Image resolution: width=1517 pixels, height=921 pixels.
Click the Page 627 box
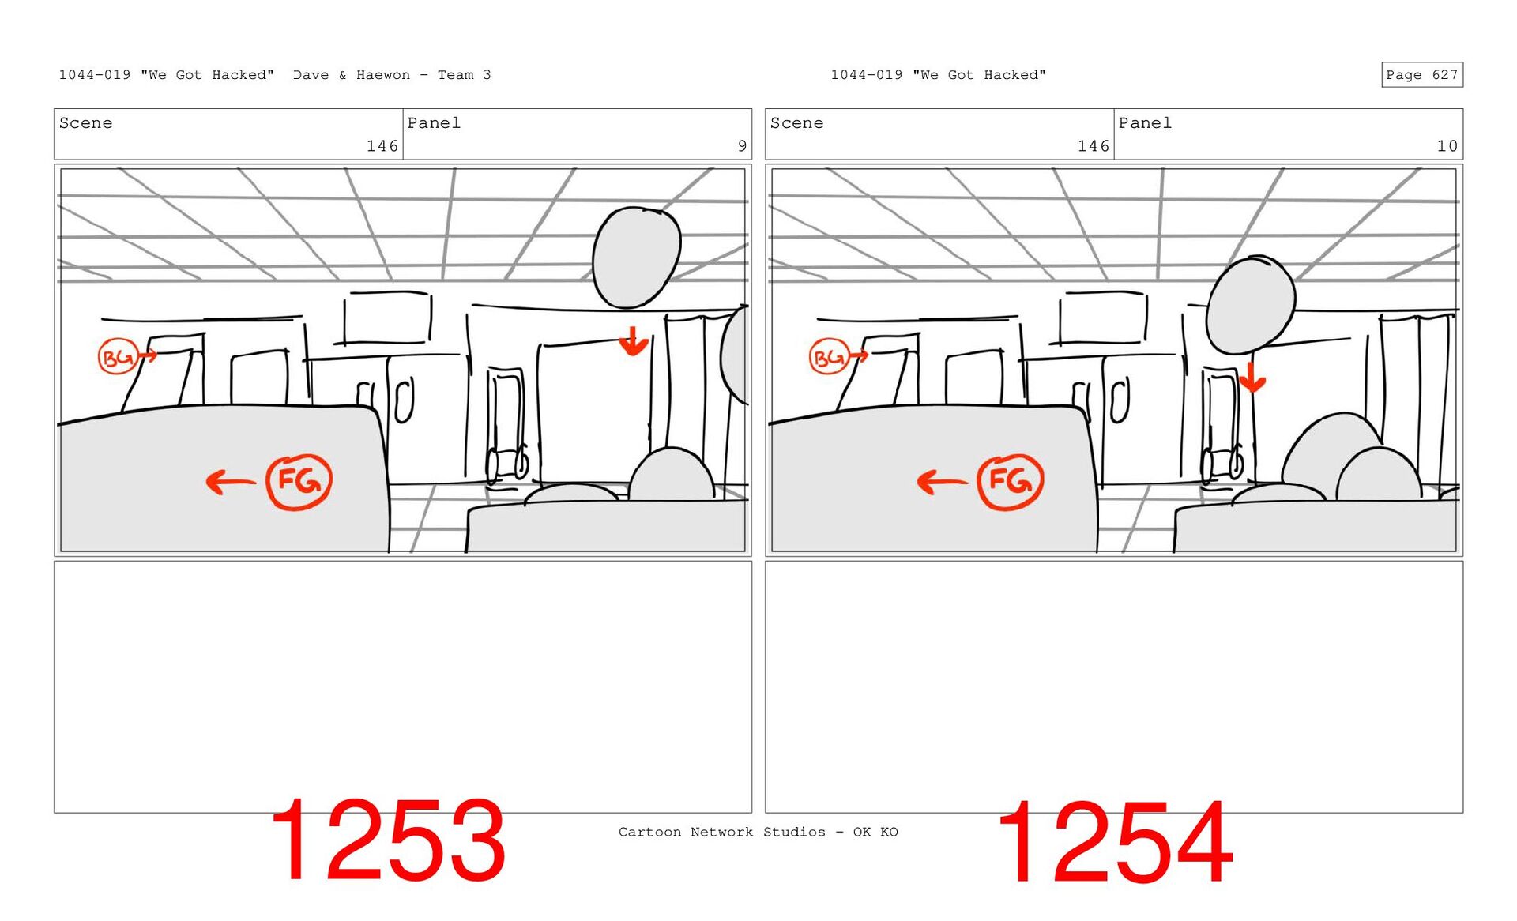coord(1421,74)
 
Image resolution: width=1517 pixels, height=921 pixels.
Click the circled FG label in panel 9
coord(299,481)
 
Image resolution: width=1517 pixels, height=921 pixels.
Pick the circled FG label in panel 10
coord(1010,481)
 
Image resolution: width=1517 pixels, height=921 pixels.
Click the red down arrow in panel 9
coord(633,341)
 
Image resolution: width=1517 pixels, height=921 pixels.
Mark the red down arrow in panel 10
coord(1252,378)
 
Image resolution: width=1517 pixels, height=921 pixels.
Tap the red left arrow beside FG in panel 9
coord(230,481)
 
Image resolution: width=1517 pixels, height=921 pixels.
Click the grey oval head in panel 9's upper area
coord(636,257)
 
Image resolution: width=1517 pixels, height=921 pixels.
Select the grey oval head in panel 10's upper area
coord(1252,304)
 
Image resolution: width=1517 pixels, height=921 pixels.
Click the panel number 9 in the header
coord(742,146)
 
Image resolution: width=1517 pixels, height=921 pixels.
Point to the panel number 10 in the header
coord(1447,146)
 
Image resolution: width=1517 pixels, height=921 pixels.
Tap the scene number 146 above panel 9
coord(382,146)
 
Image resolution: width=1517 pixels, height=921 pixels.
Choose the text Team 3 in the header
coord(465,75)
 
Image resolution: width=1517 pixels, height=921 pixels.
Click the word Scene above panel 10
coord(796,123)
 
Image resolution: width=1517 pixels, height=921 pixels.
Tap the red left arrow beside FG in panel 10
coord(941,481)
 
